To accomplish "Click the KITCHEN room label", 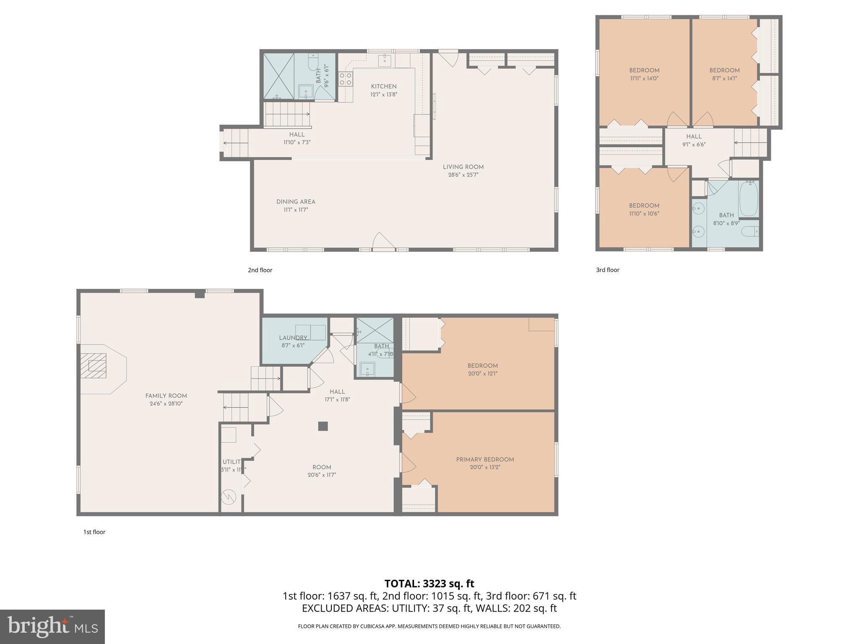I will coord(383,86).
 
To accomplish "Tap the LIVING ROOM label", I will coord(463,167).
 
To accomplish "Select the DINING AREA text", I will coord(296,202).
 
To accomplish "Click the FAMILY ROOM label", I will coord(166,396).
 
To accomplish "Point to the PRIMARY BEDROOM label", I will coord(485,460).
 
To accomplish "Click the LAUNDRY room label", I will coord(293,338).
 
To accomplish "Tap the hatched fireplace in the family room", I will coord(93,366).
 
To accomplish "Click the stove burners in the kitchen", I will coord(346,79).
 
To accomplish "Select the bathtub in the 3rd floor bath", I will coord(749,198).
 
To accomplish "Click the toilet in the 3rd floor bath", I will coord(750,231).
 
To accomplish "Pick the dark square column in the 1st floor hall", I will coord(323,426).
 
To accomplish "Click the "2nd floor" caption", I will coord(260,270).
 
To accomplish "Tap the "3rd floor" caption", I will coord(607,270).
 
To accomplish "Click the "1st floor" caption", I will coord(94,532).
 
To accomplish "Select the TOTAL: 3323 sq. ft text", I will coord(429,584).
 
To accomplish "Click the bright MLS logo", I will coord(52,627).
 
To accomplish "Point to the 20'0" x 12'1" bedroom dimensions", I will coord(483,374).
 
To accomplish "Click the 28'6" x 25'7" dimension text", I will coord(463,175).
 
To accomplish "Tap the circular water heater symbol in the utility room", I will coord(229,497).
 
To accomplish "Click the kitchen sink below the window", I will coord(385,60).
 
